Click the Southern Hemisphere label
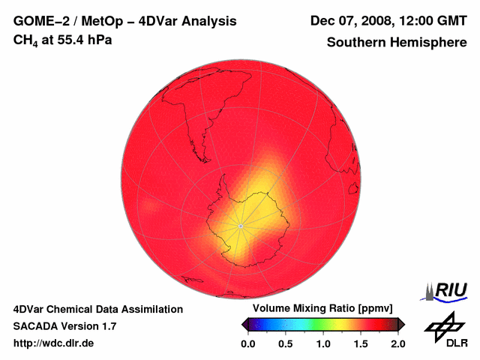[396, 43]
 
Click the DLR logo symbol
[443, 324]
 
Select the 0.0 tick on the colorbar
[247, 343]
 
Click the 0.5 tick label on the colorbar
[285, 343]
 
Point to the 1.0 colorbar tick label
[322, 343]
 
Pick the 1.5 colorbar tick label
[360, 343]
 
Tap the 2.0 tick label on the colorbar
[397, 343]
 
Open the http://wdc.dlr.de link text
[54, 343]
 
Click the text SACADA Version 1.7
[64, 326]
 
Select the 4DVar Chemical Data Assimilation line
[97, 309]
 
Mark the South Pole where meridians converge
[240, 225]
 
